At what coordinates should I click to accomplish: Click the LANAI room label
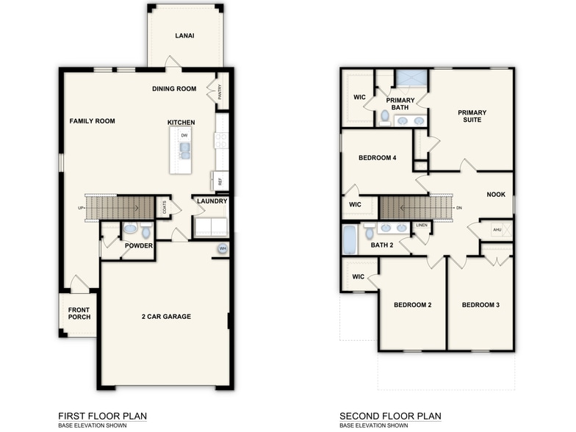184,35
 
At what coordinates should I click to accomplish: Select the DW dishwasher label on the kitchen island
184,135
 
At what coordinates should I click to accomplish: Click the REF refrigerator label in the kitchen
219,181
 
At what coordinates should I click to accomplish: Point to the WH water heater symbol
222,250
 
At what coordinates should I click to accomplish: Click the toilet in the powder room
129,228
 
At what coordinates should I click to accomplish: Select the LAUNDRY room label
212,201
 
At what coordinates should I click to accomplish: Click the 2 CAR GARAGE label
166,317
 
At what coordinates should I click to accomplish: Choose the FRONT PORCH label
79,314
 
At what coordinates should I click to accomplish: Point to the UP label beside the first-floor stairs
81,208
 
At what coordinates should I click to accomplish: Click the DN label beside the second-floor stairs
458,208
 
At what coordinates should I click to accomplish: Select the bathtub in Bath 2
350,240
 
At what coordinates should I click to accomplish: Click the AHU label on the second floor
497,230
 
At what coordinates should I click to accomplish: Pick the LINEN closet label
422,225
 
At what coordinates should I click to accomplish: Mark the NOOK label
496,195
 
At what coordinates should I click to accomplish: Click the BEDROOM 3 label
480,304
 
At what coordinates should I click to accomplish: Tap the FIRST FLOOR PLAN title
102,416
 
